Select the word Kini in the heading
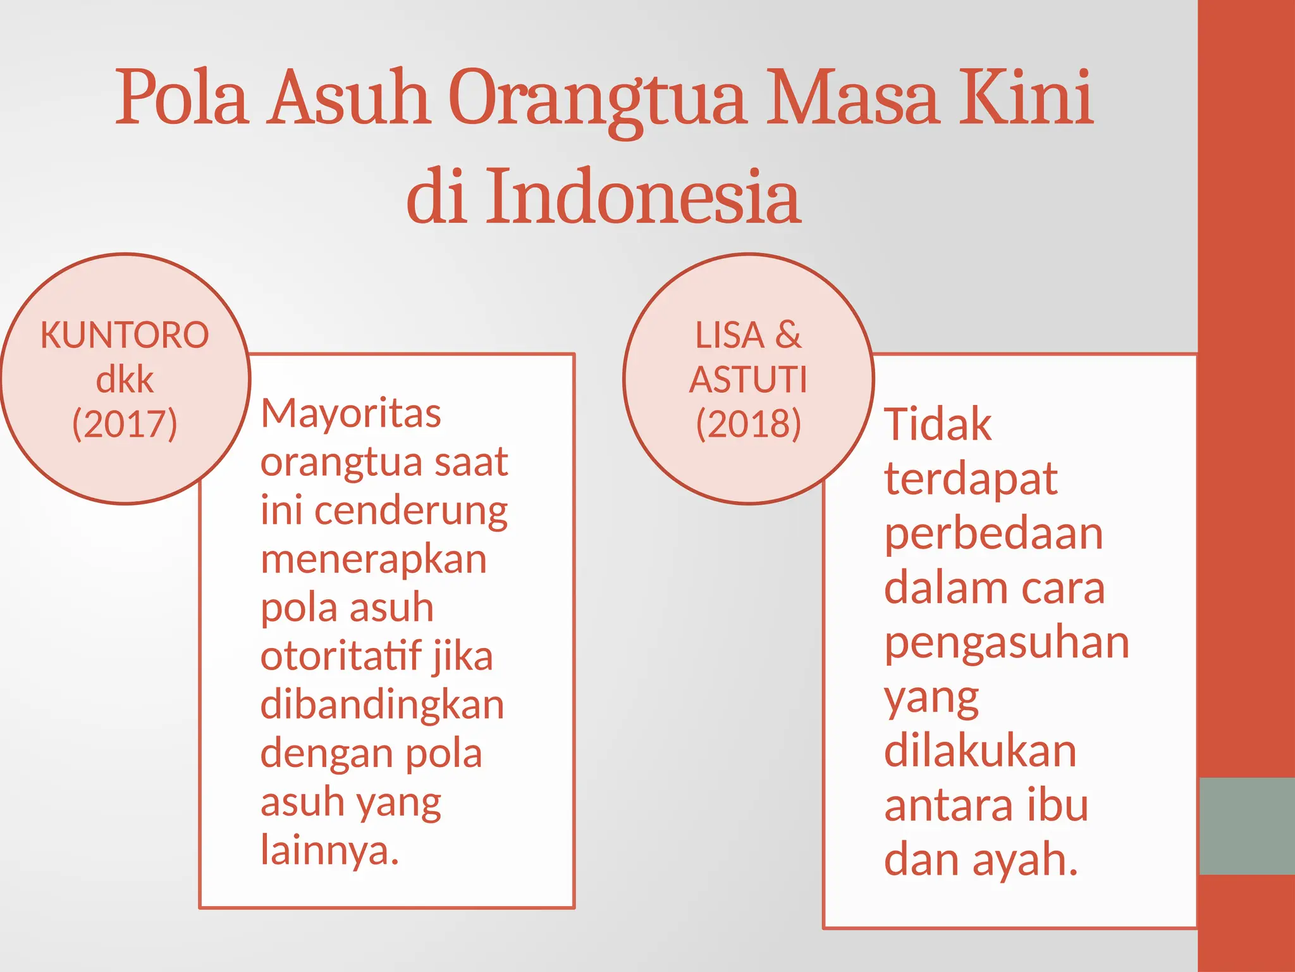pyautogui.click(x=1026, y=98)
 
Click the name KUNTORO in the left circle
pyautogui.click(x=125, y=335)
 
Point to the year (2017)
pyautogui.click(x=125, y=424)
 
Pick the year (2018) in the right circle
pyautogui.click(x=749, y=424)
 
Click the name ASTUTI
pyautogui.click(x=749, y=380)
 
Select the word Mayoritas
pyautogui.click(x=351, y=414)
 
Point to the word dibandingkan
pyautogui.click(x=382, y=705)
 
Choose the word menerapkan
pyautogui.click(x=374, y=559)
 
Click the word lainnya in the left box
pyautogui.click(x=329, y=850)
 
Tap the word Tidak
pyautogui.click(x=938, y=424)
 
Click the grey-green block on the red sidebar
pyautogui.click(x=1246, y=826)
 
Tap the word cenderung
pyautogui.click(x=411, y=511)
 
